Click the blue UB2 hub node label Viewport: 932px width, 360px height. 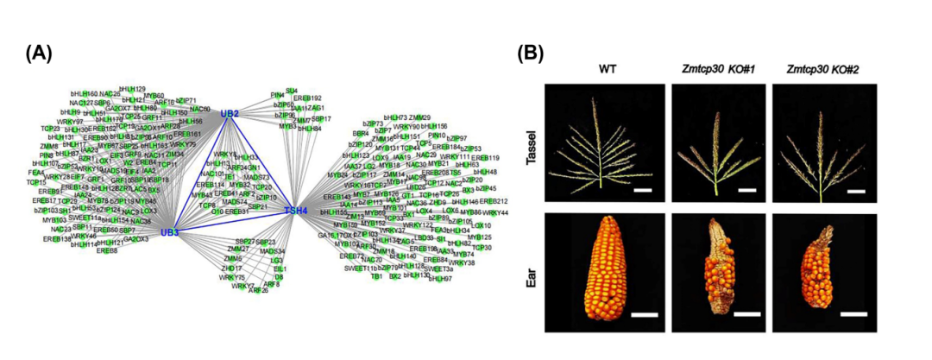(229, 113)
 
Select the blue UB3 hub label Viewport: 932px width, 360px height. (169, 232)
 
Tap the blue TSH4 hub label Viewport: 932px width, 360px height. (295, 210)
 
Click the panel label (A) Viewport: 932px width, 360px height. (39, 53)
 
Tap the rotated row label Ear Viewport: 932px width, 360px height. (532, 268)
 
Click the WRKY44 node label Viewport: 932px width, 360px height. (495, 212)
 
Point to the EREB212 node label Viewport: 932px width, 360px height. (494, 201)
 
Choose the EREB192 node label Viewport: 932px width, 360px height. (306, 98)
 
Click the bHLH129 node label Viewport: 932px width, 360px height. (132, 89)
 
